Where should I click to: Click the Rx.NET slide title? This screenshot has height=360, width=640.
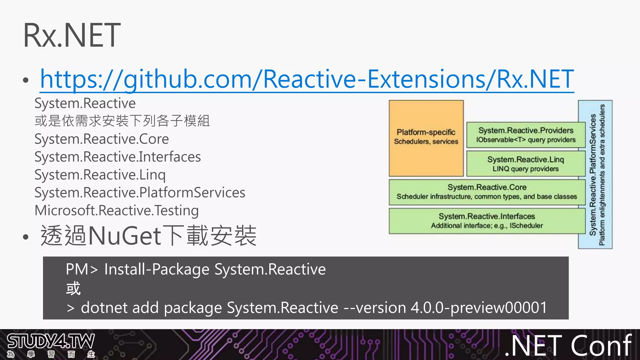[72, 35]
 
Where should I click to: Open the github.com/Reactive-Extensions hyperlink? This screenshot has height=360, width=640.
[307, 79]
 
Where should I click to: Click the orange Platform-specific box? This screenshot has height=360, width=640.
[426, 138]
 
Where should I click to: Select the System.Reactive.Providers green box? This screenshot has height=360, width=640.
[526, 135]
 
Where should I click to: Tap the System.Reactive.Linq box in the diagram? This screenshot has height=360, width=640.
[526, 164]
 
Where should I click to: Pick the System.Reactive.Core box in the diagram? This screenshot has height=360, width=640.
[487, 192]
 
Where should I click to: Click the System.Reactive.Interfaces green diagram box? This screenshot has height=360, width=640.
[487, 221]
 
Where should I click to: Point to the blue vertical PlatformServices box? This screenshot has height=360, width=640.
[595, 174]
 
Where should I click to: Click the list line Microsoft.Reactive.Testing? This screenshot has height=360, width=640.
[117, 210]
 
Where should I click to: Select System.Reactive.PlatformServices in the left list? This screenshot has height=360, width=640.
[140, 192]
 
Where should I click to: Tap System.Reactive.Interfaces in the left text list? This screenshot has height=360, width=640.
[117, 157]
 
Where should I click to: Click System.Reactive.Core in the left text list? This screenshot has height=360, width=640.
[102, 139]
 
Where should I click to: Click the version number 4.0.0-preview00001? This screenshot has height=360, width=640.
[479, 307]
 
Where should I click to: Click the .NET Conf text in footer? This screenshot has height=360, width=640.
[568, 345]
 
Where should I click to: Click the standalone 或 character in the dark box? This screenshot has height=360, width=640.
[73, 288]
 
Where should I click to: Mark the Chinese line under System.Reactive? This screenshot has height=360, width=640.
[122, 121]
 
